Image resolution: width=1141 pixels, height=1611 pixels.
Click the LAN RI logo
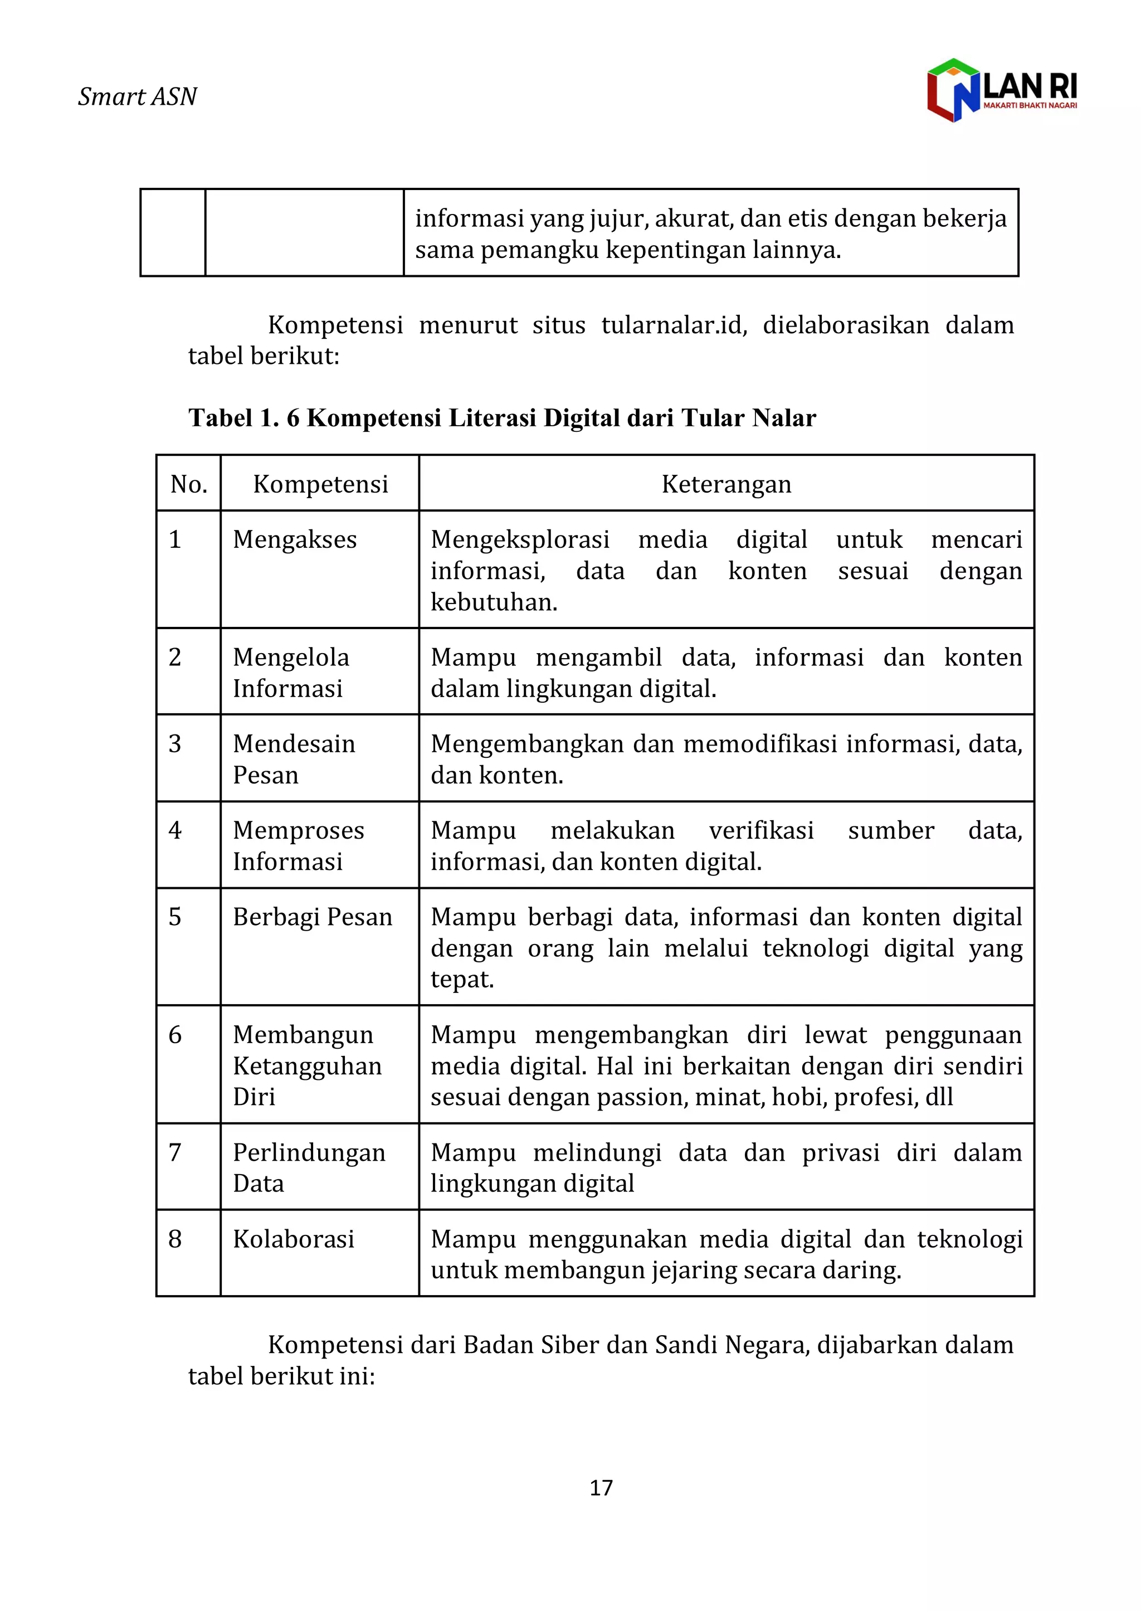(1001, 90)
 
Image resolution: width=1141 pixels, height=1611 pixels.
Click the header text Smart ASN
(138, 96)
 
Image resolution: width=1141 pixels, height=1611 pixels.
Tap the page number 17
(601, 1487)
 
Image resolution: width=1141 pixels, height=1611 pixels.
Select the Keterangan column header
(726, 484)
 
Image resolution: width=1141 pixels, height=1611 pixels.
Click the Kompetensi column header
(320, 484)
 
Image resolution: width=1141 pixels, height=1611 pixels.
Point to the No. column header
(188, 484)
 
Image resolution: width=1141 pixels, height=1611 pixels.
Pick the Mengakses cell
(295, 539)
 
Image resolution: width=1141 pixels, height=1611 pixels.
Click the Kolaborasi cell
(294, 1239)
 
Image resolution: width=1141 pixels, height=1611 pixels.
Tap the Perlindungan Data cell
(309, 1167)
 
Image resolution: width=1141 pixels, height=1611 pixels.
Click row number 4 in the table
(175, 830)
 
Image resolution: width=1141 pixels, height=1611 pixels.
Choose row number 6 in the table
(175, 1035)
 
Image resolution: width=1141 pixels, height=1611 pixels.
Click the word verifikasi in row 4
(761, 830)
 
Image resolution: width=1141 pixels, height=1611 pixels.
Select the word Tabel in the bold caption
(220, 418)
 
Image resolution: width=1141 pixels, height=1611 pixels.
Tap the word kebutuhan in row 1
(493, 602)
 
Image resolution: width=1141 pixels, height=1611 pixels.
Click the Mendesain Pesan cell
(294, 759)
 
